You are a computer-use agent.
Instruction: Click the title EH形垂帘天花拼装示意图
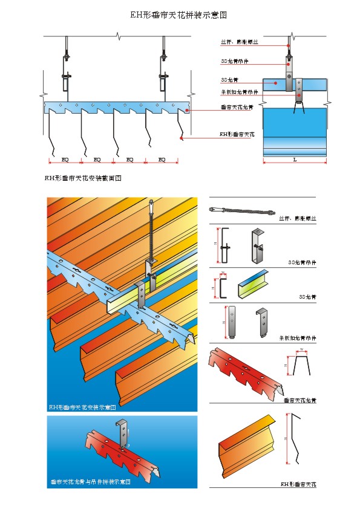180,13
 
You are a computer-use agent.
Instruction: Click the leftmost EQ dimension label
65,160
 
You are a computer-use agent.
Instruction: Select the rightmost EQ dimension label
162,160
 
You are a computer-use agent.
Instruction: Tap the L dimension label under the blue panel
295,160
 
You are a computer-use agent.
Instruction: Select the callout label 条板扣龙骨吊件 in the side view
240,92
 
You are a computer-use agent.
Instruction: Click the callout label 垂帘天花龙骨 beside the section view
237,107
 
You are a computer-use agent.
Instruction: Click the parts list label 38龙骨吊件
302,263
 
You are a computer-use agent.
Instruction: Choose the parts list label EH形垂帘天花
298,484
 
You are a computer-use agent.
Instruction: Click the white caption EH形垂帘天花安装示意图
82,407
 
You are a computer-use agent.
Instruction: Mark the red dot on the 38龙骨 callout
276,82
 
